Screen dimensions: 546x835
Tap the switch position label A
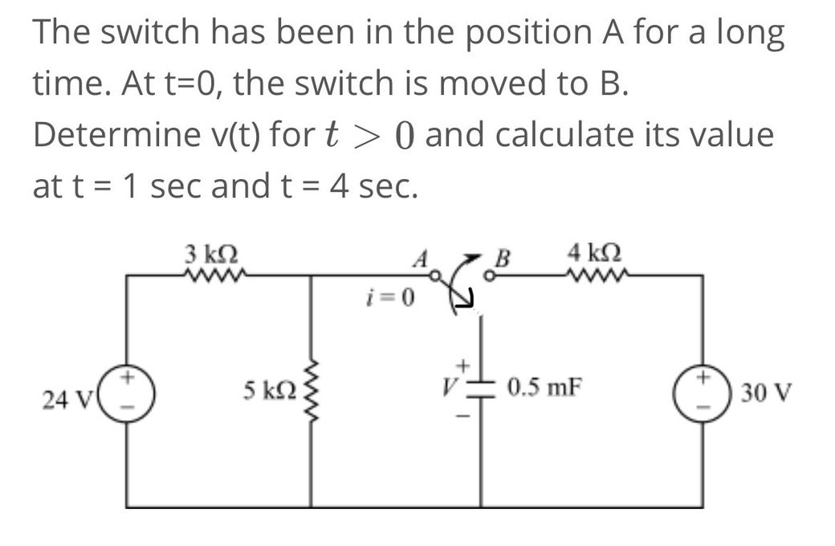point(417,262)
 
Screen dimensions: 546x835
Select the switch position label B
point(503,260)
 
